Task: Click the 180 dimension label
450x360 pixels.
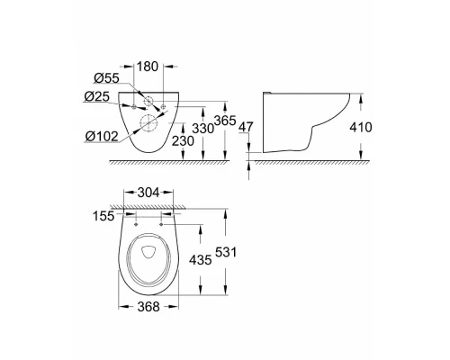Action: pyautogui.click(x=147, y=67)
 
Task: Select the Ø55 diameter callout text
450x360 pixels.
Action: pyautogui.click(x=106, y=78)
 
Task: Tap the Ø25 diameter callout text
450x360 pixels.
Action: pyautogui.click(x=97, y=96)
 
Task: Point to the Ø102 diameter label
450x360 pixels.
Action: pyautogui.click(x=102, y=137)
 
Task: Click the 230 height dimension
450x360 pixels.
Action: pyautogui.click(x=183, y=140)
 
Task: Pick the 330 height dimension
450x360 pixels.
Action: pyautogui.click(x=203, y=129)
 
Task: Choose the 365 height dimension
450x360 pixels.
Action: pyautogui.click(x=225, y=121)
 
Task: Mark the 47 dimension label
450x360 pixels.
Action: pyautogui.click(x=246, y=127)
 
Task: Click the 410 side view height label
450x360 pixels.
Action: pyautogui.click(x=361, y=128)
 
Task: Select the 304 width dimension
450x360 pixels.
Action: pyautogui.click(x=148, y=193)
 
